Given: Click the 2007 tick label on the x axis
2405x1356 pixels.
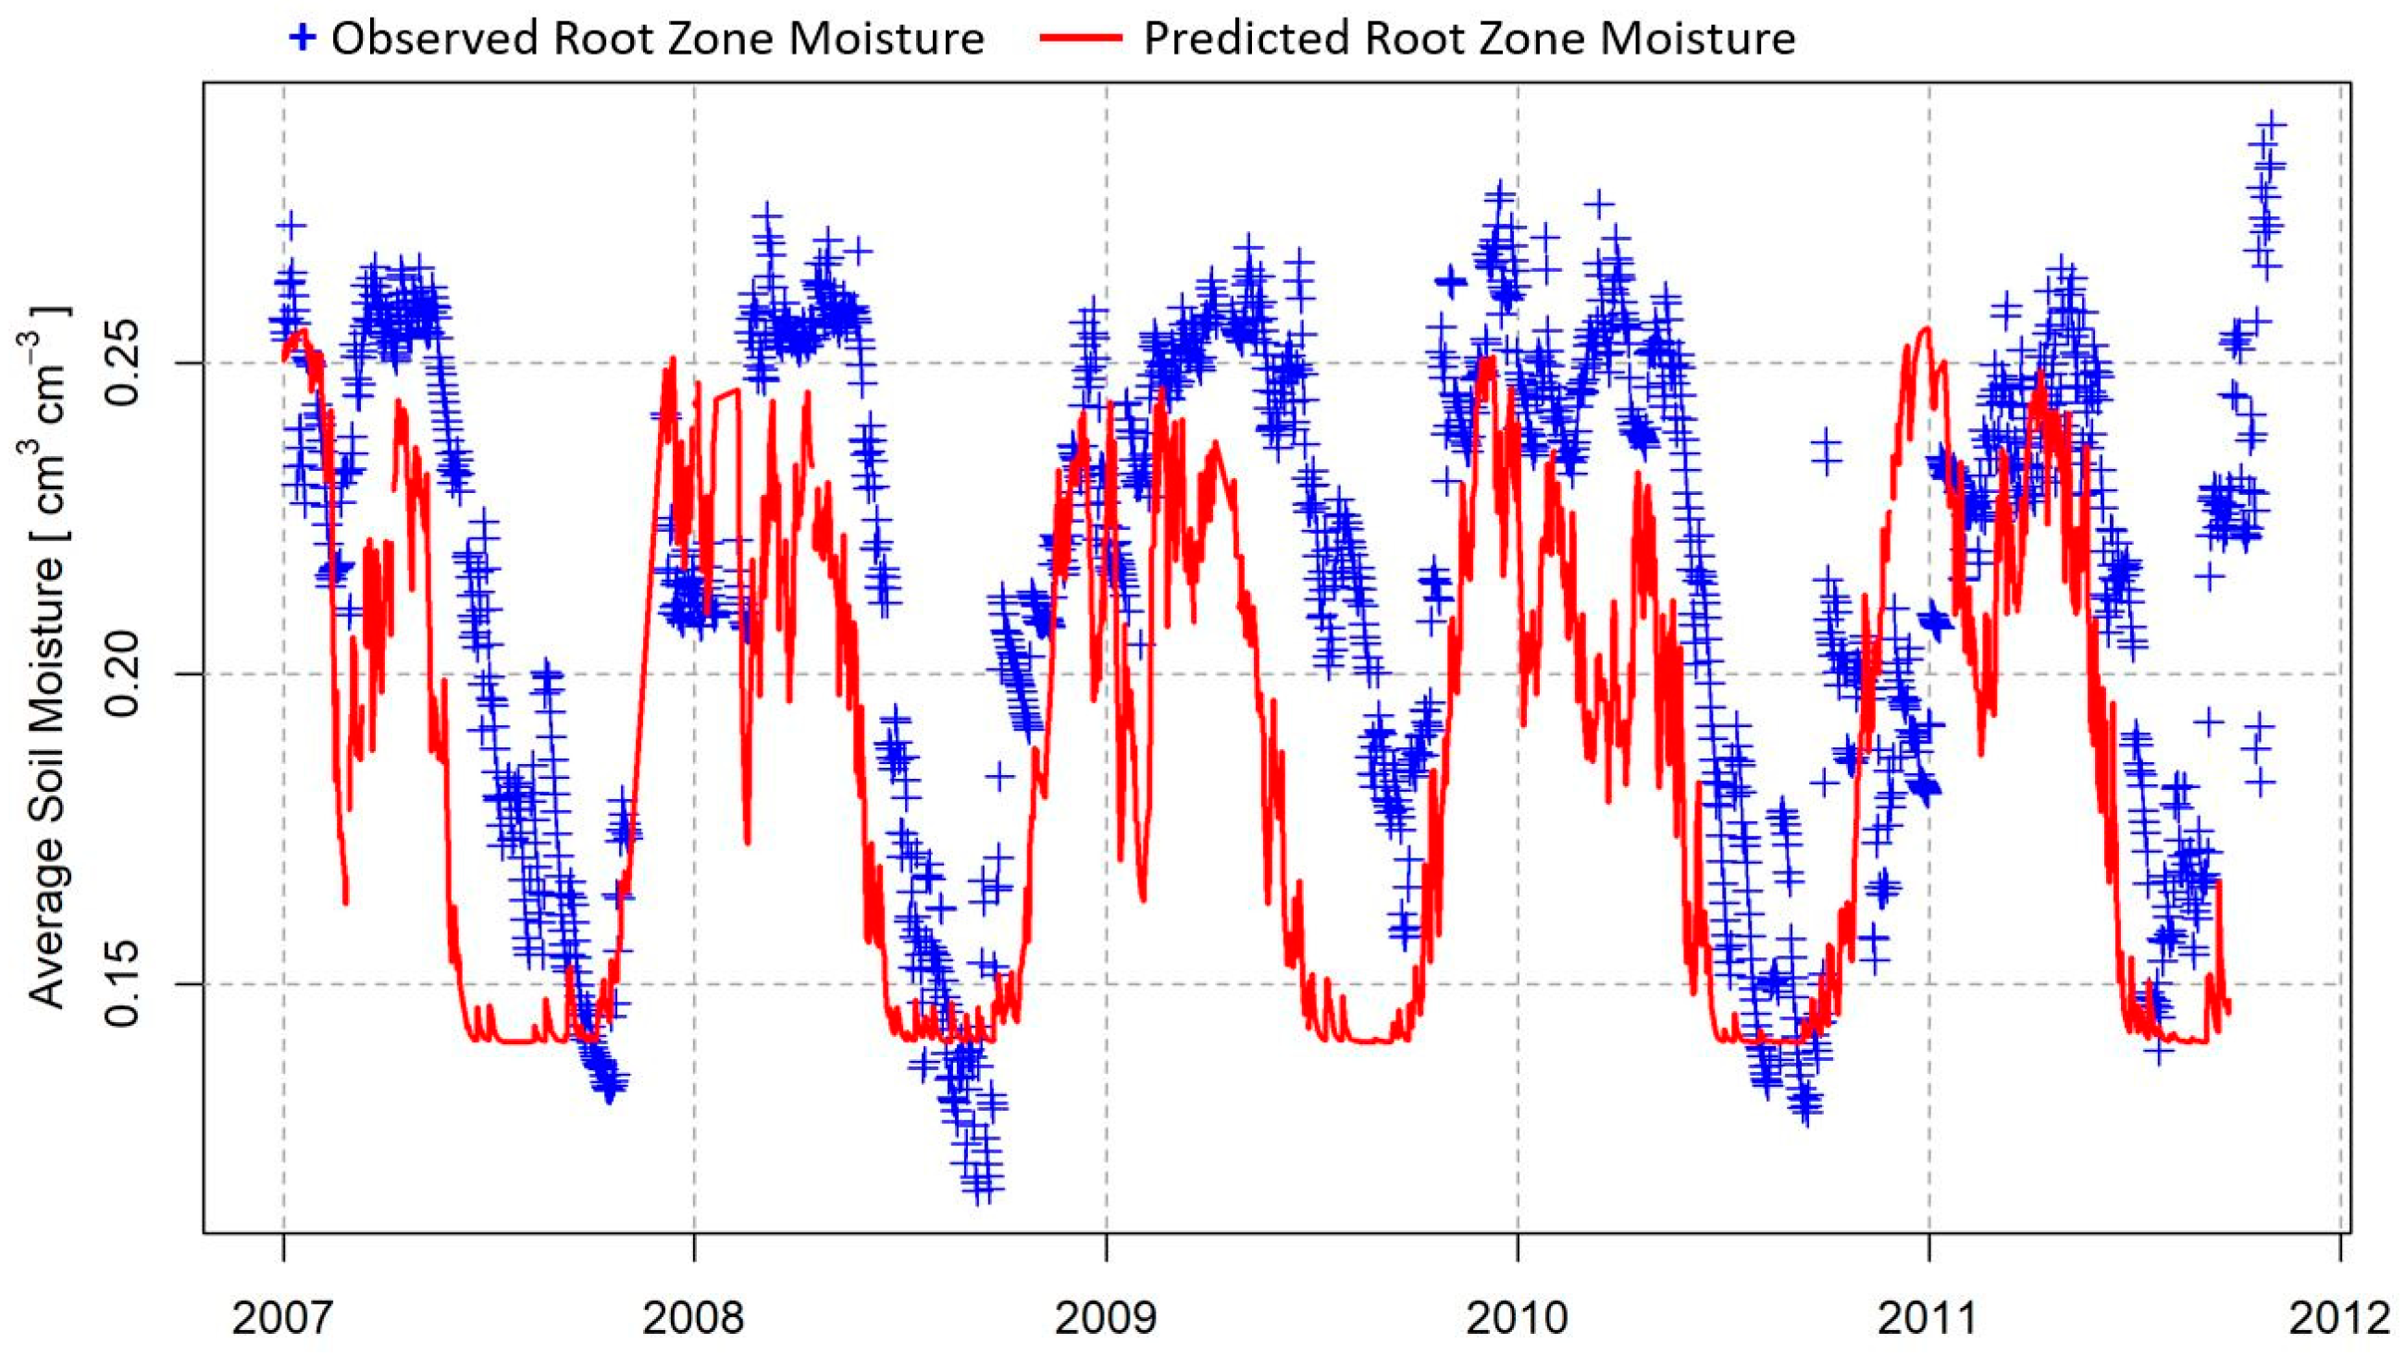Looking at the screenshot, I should [x=282, y=1319].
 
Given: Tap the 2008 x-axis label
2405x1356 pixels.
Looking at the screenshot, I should [x=694, y=1319].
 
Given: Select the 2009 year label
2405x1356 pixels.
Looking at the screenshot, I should [x=1106, y=1319].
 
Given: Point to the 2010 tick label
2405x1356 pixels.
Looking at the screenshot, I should [x=1518, y=1319].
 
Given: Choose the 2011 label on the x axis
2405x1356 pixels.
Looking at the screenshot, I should [x=1928, y=1319].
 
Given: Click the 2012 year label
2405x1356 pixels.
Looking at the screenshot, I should [x=2338, y=1319].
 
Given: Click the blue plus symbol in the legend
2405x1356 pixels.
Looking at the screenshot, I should [x=302, y=39].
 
